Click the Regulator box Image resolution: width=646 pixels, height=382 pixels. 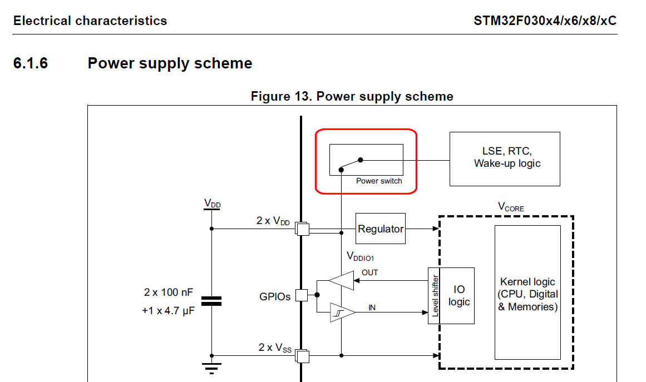tap(381, 229)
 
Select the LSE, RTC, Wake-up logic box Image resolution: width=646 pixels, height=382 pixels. tap(505, 158)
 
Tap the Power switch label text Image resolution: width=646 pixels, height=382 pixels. tap(379, 181)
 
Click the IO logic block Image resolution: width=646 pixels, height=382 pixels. tap(458, 295)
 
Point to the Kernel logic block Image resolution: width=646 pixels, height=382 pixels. tap(527, 292)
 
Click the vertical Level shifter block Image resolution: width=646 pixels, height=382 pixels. tap(435, 295)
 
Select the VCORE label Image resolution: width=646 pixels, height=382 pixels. tap(510, 207)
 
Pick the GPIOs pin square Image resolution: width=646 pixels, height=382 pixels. tap(301, 295)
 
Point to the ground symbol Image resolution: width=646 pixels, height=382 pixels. tap(211, 368)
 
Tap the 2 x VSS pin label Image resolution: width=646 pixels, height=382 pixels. tap(275, 348)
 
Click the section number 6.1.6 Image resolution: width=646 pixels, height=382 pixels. tap(31, 63)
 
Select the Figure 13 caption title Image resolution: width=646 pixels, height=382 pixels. tap(352, 96)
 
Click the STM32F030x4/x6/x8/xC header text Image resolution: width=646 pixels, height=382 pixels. tap(545, 21)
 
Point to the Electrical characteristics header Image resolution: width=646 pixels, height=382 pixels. tap(90, 21)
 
